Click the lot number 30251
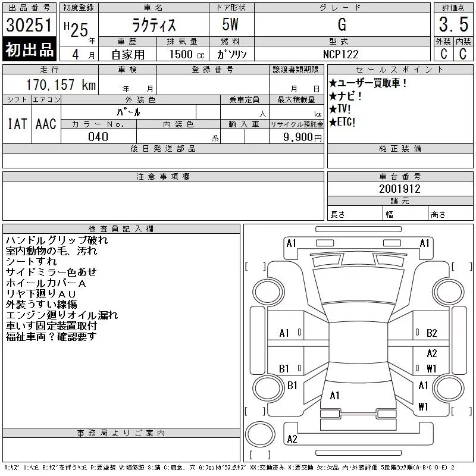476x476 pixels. [29, 25]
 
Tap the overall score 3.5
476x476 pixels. [453, 24]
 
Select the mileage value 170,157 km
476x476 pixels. [61, 84]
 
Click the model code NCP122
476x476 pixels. [340, 54]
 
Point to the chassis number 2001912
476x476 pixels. [400, 189]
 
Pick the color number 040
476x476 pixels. [98, 137]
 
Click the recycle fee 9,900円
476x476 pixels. [302, 137]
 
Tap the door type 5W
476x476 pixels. [230, 24]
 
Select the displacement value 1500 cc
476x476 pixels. [187, 54]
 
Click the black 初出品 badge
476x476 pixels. [29, 49]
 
